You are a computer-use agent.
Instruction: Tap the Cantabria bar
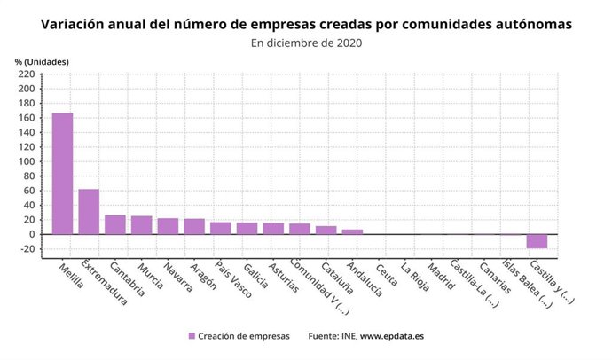tap(115, 224)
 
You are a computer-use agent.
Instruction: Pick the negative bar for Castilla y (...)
tap(537, 241)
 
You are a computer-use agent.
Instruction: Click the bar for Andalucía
tap(352, 231)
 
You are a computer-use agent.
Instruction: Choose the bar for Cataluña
tap(326, 230)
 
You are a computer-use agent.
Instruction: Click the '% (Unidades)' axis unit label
tap(42, 60)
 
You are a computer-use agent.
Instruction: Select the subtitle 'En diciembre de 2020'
tap(306, 42)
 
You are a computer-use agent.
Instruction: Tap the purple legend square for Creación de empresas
tap(192, 336)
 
